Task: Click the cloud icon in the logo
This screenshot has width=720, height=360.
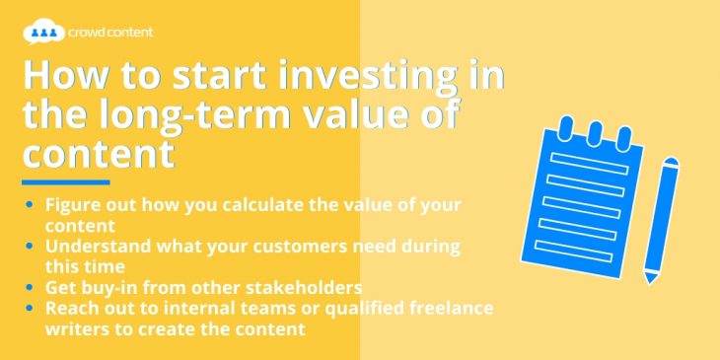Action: coord(41,33)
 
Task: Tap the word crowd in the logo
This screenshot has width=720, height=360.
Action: coord(90,33)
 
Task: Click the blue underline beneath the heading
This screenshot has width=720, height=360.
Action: coord(65,182)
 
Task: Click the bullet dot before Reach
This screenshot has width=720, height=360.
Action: coord(31,308)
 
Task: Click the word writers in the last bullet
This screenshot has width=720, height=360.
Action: coord(76,327)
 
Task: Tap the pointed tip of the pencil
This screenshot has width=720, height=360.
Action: coord(649,279)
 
